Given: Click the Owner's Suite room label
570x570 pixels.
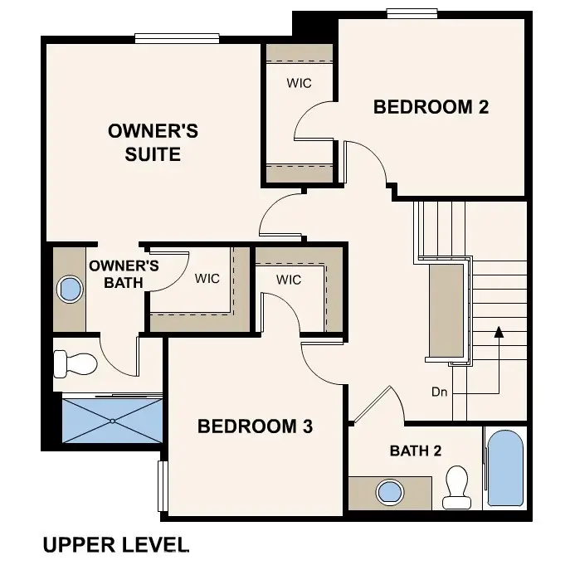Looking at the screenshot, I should tap(153, 143).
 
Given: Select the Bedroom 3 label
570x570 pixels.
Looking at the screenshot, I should tap(255, 426).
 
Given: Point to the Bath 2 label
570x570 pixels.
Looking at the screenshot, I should tap(416, 451).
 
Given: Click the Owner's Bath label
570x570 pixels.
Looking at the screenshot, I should tap(124, 275).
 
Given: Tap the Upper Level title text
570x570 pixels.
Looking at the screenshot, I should tap(115, 545).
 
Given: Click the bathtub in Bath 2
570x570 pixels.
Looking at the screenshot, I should tap(505, 469).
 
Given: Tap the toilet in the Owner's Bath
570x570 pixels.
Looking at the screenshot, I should tap(74, 363).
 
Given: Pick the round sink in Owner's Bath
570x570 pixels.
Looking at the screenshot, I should tap(70, 290).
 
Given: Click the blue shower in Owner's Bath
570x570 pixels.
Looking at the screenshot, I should tap(113, 420).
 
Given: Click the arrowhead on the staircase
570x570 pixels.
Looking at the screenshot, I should tap(499, 333).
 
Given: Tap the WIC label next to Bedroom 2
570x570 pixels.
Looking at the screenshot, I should tap(299, 83).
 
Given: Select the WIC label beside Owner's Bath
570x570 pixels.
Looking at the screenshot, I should tap(207, 279).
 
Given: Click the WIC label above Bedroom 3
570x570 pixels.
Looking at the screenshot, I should tap(289, 280).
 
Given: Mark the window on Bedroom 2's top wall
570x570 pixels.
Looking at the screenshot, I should tap(412, 12).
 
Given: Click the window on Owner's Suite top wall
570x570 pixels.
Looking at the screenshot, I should tap(177, 37).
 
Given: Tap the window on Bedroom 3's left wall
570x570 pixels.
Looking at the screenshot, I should tap(163, 485).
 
